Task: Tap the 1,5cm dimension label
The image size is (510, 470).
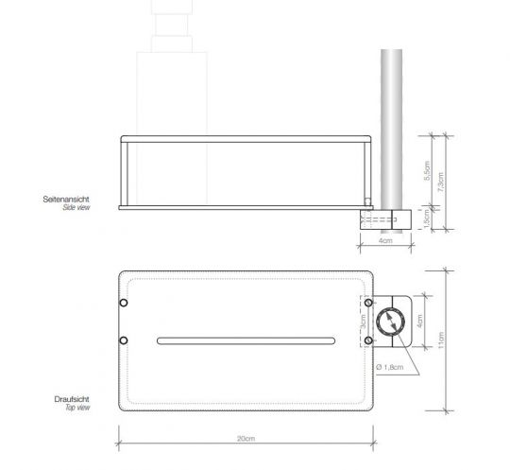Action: click(x=427, y=218)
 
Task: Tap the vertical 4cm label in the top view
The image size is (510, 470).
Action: click(x=420, y=322)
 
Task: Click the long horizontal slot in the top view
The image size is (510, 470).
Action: click(x=246, y=339)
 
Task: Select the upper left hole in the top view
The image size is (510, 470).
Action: click(x=123, y=303)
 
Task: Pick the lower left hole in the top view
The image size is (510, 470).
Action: click(x=123, y=339)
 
